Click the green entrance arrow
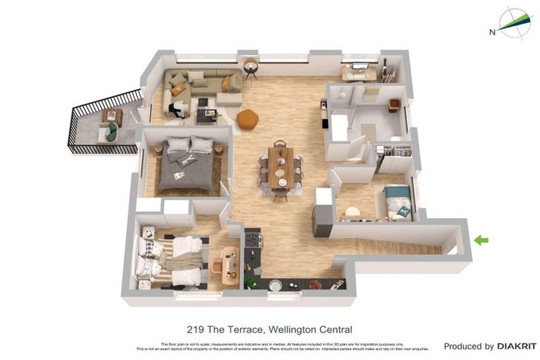pos(481,240)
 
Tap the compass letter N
pos(492,31)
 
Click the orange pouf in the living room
pos(247,120)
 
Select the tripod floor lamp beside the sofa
pos(251,69)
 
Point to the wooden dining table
pos(281,167)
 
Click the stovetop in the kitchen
pos(252,240)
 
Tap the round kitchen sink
pos(276,285)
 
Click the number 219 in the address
pos(196,329)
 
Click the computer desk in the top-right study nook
pos(359,73)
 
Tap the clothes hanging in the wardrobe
pos(395,150)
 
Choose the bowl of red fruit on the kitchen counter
pos(316,285)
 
